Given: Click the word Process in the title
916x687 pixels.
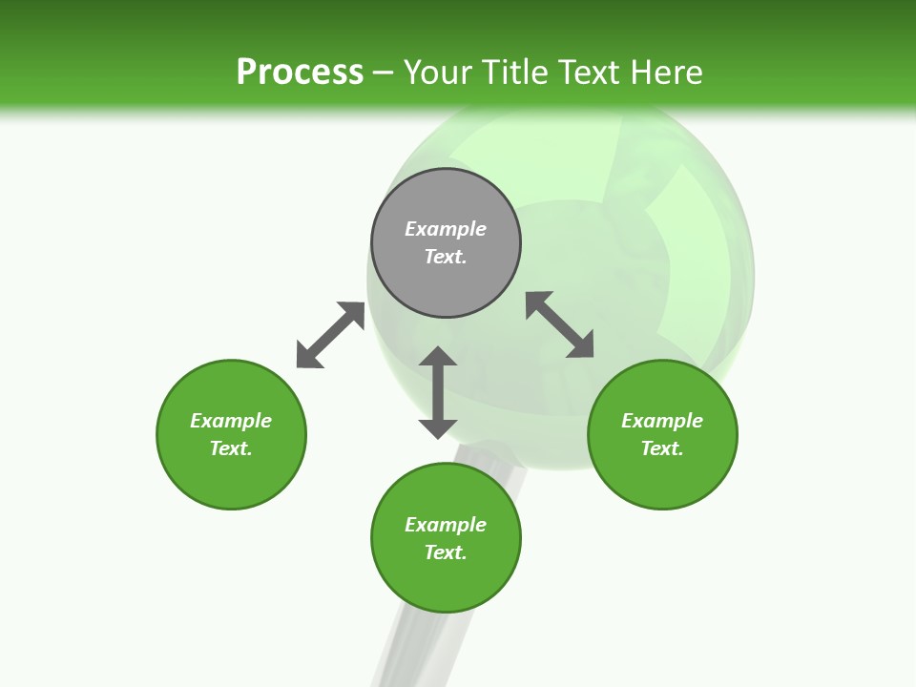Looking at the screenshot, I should coord(300,73).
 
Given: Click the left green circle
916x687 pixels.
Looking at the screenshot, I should coord(231,477).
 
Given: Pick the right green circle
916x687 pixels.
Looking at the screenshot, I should coord(662,477).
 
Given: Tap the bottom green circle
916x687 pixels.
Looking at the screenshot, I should coord(446,582).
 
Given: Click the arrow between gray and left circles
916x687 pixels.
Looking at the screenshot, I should coord(330,335).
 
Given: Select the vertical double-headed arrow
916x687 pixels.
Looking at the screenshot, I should coord(438,392).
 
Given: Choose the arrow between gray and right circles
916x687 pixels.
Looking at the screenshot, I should coord(560,324).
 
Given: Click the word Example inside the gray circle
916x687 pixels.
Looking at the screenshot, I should coord(446,229).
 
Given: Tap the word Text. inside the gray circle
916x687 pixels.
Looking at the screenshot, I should coord(446,257).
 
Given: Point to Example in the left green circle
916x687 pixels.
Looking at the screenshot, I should coord(231,421).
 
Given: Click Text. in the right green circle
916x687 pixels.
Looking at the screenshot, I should coord(662,448).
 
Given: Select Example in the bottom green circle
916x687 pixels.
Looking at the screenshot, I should coord(446,525).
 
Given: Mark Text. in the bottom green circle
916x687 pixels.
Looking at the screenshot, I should coord(446,552).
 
